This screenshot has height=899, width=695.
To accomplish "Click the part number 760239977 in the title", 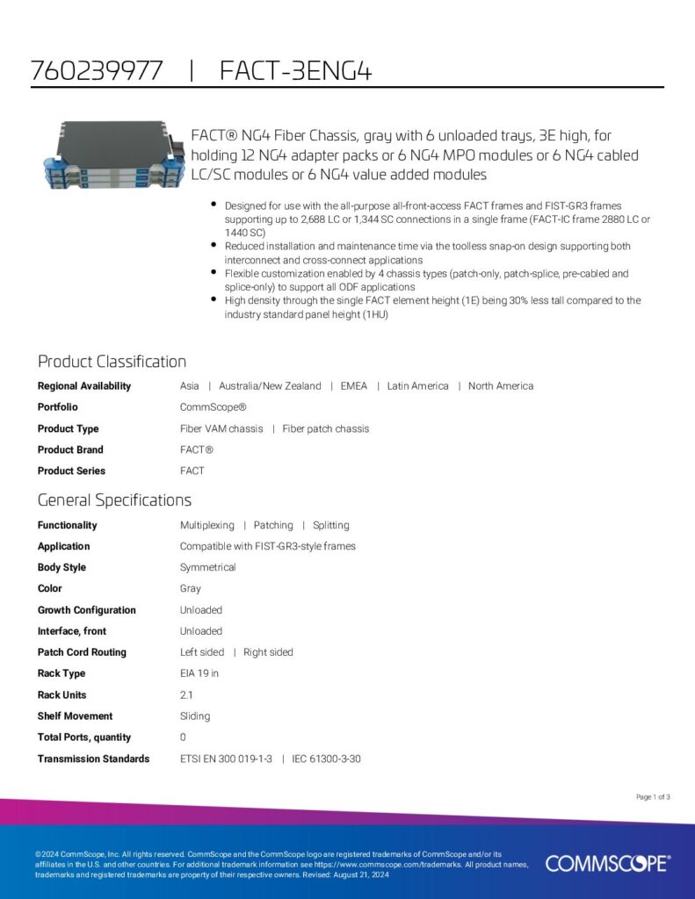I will [97, 70].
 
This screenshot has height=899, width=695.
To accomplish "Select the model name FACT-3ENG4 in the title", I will [295, 70].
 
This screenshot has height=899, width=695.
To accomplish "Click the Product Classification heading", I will [112, 362].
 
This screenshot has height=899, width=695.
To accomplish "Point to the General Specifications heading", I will [114, 500].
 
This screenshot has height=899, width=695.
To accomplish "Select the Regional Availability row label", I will [84, 386].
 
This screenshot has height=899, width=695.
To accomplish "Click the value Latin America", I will [417, 386].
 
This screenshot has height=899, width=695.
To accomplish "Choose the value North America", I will [501, 386].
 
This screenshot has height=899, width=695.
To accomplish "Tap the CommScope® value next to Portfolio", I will [214, 407].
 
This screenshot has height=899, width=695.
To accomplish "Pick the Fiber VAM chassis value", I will [221, 428].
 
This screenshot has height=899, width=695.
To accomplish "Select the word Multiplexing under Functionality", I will [207, 525].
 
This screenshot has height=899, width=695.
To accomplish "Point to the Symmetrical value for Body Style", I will [208, 567].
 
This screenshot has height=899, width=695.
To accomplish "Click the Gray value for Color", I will [191, 588].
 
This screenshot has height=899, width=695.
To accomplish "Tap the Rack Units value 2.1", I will [187, 694].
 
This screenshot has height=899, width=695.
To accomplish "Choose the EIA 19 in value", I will [199, 673].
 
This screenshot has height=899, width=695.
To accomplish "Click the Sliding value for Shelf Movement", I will [195, 716].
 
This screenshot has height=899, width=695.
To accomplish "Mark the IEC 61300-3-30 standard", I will [327, 759].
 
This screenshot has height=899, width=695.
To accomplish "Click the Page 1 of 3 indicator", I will [653, 797].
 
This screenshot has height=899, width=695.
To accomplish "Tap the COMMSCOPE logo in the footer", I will [607, 863].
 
